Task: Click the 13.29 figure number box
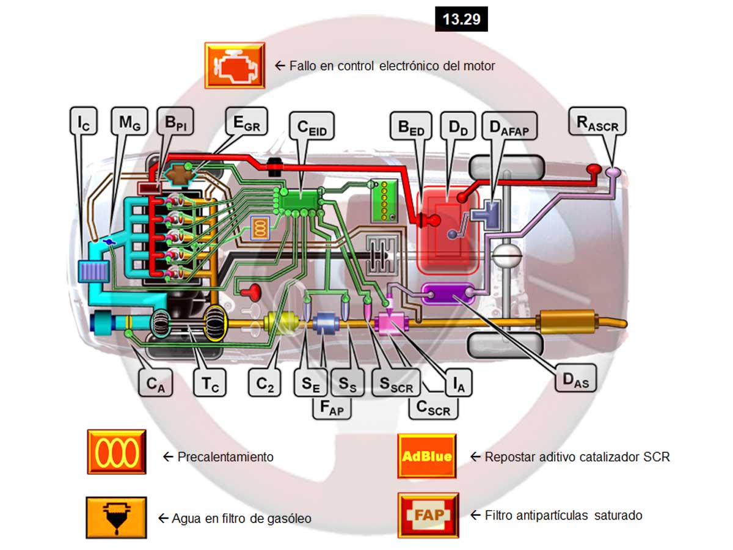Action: [x=461, y=19]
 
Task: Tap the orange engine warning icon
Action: [x=235, y=65]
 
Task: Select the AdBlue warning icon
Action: [x=427, y=456]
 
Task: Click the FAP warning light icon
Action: [x=428, y=515]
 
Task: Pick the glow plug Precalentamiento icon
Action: [x=116, y=452]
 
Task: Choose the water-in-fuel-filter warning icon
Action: [x=116, y=517]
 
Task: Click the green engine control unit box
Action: [x=302, y=199]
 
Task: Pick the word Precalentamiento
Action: [x=225, y=457]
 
